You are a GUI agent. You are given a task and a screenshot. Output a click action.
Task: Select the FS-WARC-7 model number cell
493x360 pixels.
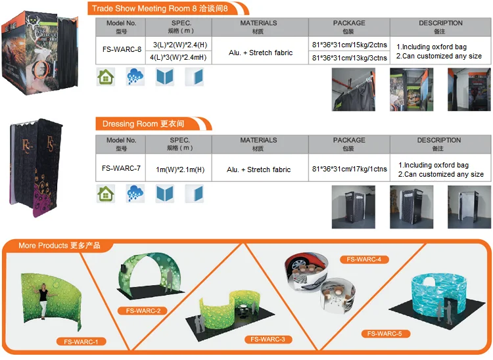(122, 168)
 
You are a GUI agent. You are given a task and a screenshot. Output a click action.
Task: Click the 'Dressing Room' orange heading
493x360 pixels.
(143, 124)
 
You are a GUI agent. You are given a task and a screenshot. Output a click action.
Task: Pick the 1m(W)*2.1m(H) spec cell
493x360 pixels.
(179, 169)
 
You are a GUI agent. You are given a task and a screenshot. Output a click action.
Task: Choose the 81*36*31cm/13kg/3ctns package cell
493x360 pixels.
(349, 57)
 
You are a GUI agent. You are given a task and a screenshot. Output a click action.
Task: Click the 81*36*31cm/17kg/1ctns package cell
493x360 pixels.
(349, 169)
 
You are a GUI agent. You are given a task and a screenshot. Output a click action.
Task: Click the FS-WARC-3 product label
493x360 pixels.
(268, 339)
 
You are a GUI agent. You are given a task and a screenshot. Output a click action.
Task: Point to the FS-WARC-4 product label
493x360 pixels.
(364, 259)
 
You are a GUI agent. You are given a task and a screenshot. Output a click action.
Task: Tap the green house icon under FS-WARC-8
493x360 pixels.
(105, 76)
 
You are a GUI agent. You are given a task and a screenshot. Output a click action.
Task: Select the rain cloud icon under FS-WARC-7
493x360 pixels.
(135, 193)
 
